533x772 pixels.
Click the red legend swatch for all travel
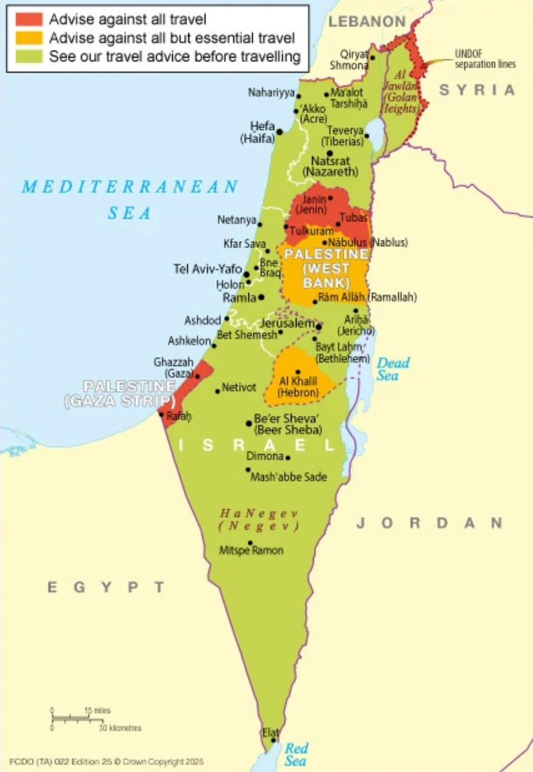pos(29,20)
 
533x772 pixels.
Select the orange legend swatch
pos(29,38)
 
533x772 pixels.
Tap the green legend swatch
pos(29,57)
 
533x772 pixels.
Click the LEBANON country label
pos(367,22)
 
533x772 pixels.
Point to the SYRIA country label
pos(477,90)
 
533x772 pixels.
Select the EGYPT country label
pos(106,587)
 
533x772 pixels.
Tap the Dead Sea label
pos(393,369)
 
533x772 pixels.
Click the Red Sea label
pos(295,755)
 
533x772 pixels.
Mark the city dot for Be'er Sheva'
pos(249,423)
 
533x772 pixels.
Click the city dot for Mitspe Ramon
pos(250,543)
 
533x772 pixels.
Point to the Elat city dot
pos(273,740)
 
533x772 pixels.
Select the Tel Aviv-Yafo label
pos(207,269)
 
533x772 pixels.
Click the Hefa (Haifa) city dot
pos(280,133)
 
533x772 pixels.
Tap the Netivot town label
pos(239,387)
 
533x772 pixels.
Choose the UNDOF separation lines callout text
pos(484,59)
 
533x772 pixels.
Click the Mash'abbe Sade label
pos(289,477)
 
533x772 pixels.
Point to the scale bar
pos(78,718)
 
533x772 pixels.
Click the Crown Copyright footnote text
pos(106,761)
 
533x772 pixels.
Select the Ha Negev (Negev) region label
pos(258,520)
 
